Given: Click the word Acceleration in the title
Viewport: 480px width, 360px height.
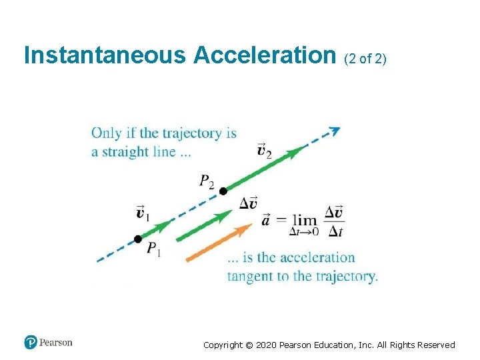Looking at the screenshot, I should (265, 55).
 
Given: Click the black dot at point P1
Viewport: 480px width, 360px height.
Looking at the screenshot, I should (137, 239).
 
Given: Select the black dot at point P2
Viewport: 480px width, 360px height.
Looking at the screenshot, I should (223, 191).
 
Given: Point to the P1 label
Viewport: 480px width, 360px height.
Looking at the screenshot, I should (153, 249).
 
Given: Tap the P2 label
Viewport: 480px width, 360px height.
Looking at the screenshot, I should (207, 181).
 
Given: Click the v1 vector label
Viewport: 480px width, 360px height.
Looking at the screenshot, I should (143, 213).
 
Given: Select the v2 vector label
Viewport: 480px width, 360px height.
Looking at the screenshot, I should (265, 150).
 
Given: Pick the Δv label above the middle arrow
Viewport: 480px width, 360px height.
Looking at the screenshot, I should (249, 203).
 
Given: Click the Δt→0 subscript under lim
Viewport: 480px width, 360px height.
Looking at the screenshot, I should (304, 232).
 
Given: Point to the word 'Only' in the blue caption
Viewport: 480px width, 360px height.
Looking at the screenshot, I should (105, 133).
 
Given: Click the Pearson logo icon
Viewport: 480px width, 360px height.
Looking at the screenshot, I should (31, 343).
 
